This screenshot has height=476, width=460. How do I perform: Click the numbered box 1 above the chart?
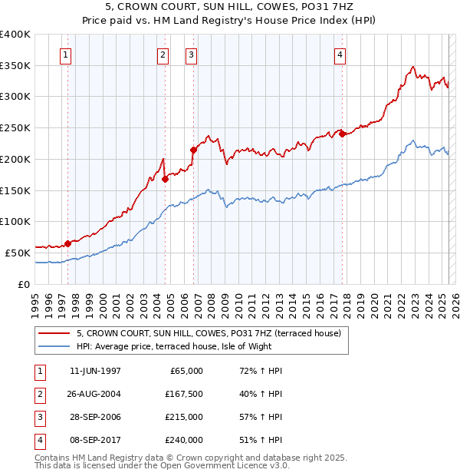pos(67,55)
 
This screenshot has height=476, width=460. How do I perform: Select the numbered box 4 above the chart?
pos(339,55)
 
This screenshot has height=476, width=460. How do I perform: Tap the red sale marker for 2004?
pos(166,179)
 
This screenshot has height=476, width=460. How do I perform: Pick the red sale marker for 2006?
pos(193,150)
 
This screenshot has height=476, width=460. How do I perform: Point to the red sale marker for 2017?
pos(342,134)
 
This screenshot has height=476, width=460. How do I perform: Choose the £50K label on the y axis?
pos(18,253)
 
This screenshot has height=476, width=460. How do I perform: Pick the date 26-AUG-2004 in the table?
pos(95,394)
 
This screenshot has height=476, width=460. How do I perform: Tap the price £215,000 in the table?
pos(185,417)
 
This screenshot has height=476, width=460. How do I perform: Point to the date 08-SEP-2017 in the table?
pos(95,440)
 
